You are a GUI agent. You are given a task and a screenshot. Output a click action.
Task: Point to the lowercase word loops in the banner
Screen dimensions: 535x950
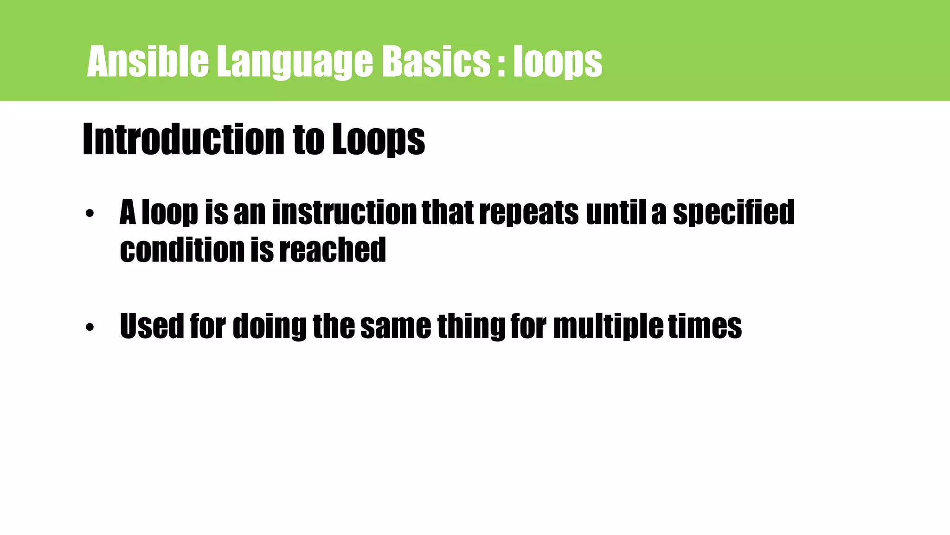(x=558, y=62)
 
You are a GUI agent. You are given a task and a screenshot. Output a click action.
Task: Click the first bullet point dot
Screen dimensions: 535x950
(x=90, y=214)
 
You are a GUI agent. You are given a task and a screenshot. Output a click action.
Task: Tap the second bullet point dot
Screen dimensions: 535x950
(x=90, y=327)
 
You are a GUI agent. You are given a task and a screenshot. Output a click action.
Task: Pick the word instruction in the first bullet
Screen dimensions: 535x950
(x=345, y=212)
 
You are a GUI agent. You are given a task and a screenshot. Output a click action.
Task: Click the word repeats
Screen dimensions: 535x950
(x=529, y=213)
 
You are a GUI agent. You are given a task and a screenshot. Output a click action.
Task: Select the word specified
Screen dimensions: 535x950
(x=733, y=213)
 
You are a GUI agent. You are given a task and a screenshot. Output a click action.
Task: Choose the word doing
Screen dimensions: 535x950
(x=270, y=327)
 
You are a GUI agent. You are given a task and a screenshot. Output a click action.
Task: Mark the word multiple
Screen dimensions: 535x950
(x=608, y=327)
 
